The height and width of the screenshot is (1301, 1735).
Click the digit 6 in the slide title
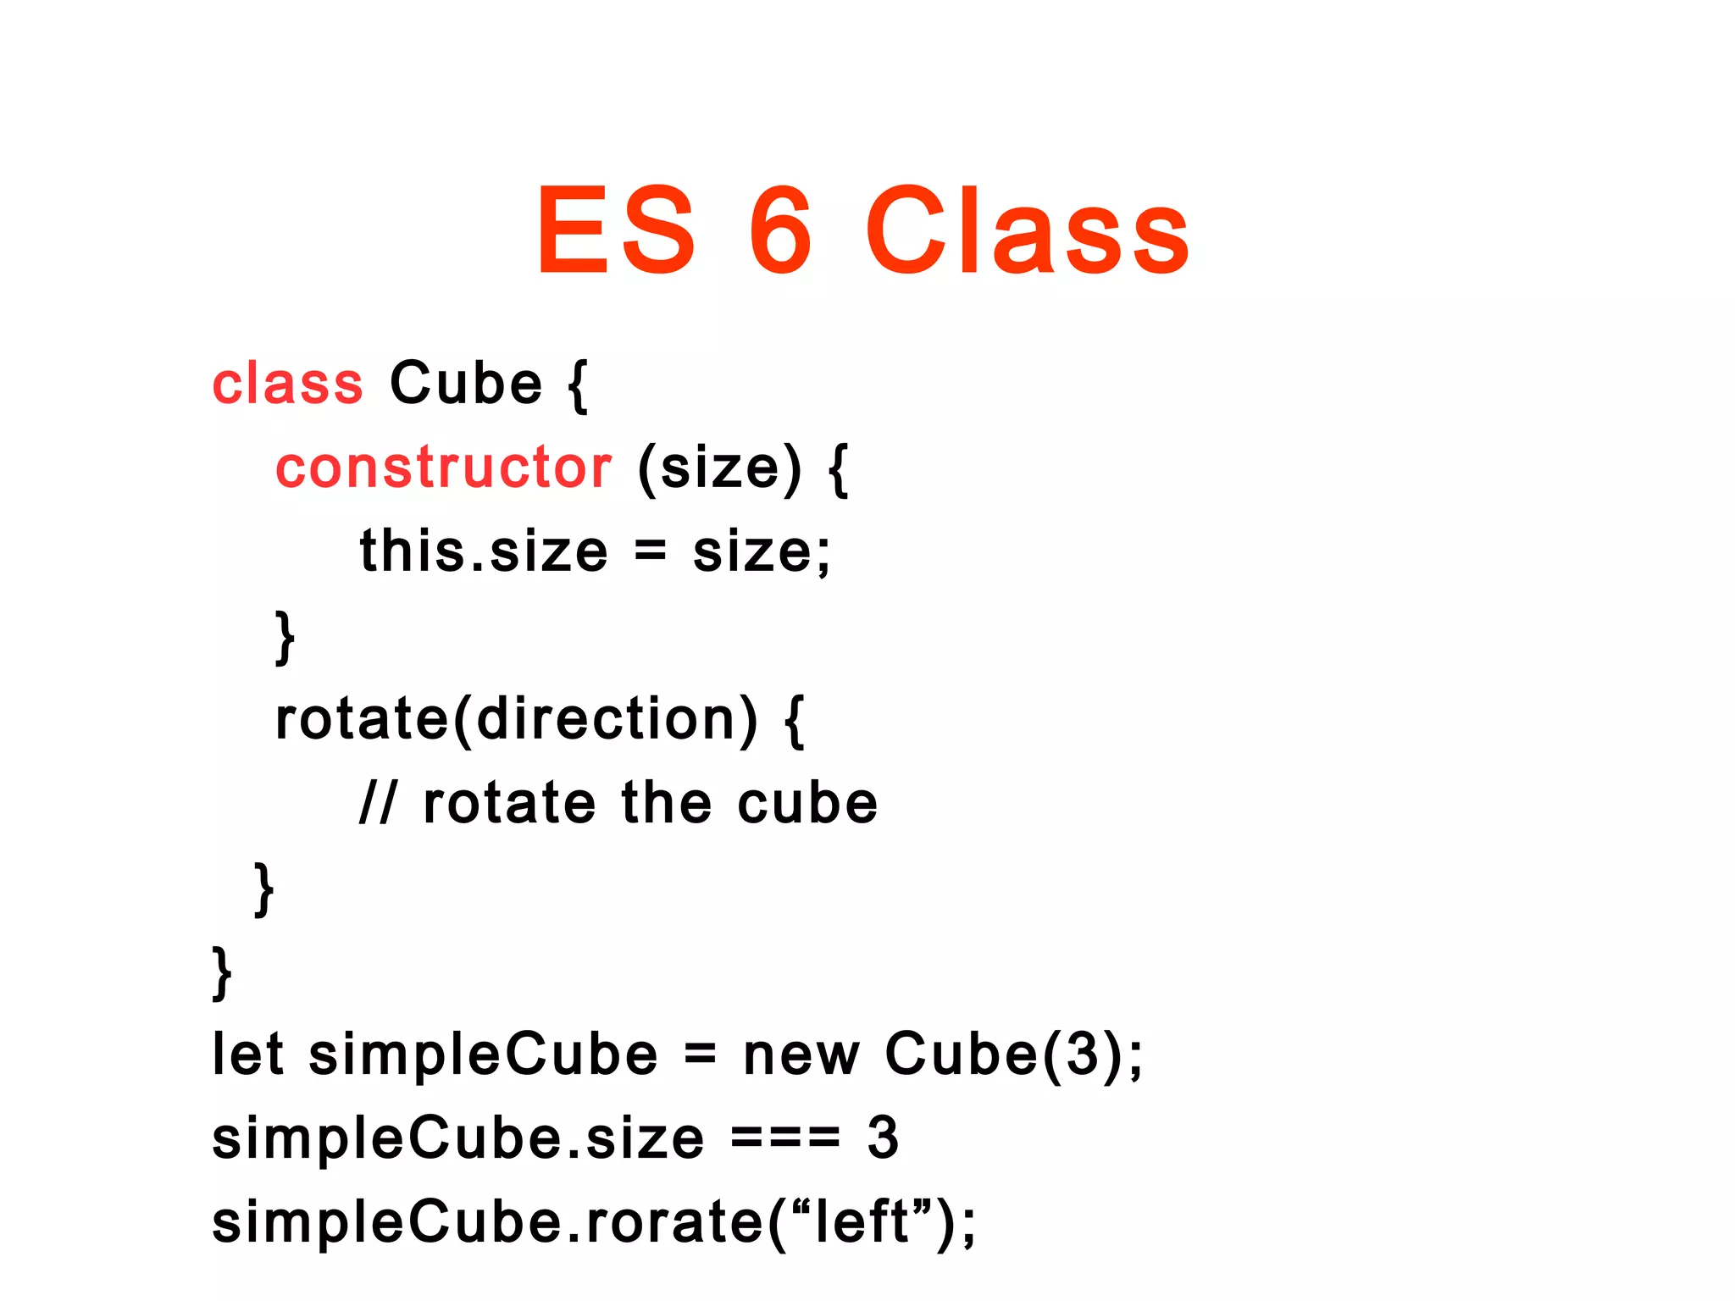coord(780,230)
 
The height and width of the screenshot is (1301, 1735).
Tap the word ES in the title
coord(616,230)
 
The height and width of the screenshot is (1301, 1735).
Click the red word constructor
coord(443,468)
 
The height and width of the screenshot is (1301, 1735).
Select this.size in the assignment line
coord(484,551)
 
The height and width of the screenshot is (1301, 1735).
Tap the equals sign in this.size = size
coord(651,551)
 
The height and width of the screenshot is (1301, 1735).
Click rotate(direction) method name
coord(515,720)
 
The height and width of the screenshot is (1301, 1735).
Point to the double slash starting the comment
coord(377,803)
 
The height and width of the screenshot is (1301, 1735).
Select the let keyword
coord(247,1055)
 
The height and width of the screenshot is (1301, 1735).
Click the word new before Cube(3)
coord(801,1055)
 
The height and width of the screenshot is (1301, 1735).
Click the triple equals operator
coord(785,1138)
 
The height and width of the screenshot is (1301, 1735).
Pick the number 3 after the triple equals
coord(883,1138)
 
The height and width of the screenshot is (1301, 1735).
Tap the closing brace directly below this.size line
coord(285,637)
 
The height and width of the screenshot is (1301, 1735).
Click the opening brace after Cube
coord(578,385)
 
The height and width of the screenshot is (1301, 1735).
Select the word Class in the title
coord(1027,230)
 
